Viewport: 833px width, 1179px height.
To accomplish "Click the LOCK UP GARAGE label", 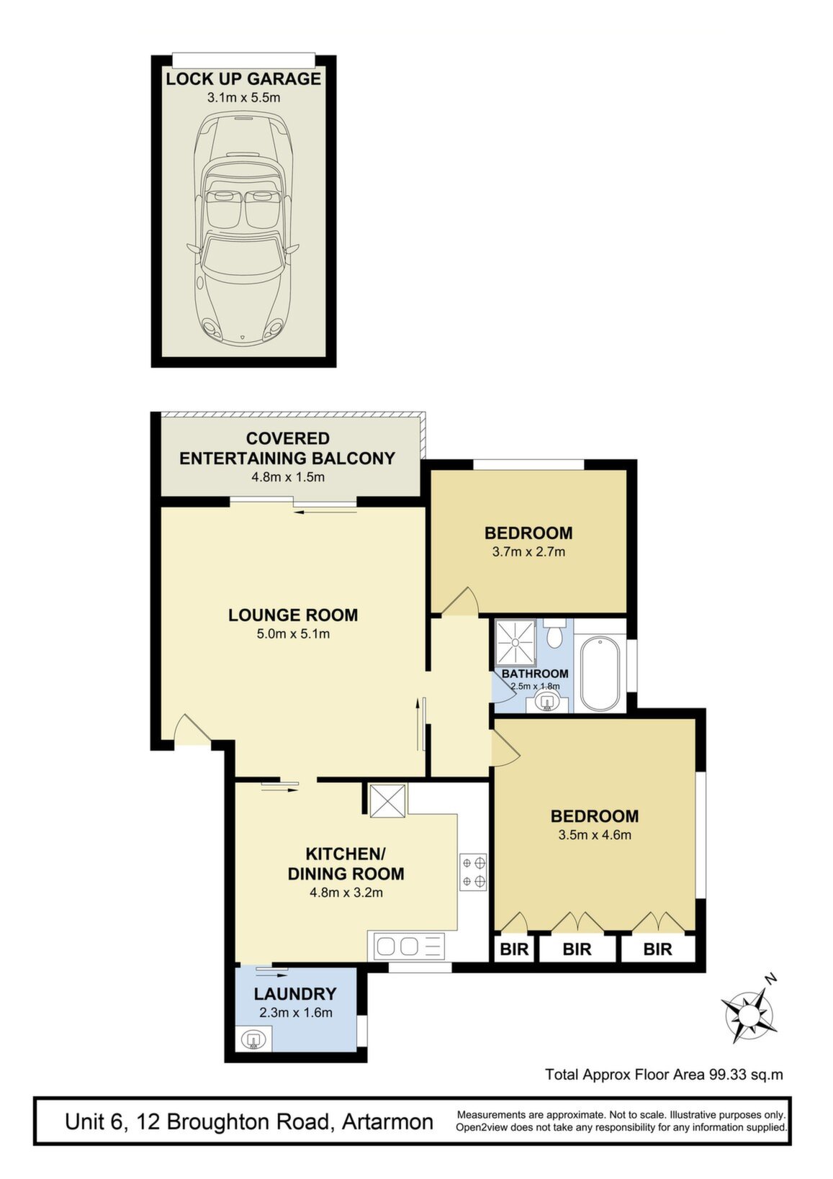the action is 243,79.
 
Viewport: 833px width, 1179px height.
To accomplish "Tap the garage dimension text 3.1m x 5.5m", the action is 243,97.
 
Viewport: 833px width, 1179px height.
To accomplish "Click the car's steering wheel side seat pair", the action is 244,207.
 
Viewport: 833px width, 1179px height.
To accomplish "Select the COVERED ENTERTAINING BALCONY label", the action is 287,448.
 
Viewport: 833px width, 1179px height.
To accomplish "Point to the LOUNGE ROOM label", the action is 293,615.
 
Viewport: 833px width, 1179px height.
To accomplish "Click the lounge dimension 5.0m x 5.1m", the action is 293,633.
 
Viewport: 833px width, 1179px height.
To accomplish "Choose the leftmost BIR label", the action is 514,949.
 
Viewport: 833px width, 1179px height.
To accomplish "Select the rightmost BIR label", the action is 657,949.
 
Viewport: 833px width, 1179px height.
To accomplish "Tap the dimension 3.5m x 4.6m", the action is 595,835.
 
